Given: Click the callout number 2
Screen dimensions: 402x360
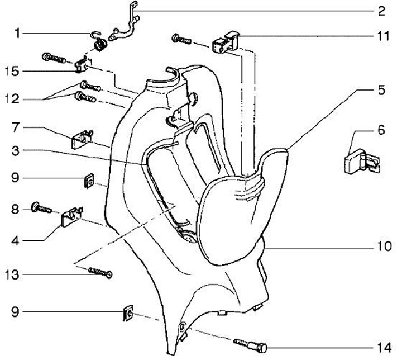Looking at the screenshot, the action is click(x=381, y=11).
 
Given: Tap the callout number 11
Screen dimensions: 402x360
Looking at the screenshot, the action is click(x=383, y=36).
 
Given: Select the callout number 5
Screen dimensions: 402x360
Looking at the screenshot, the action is click(x=381, y=91).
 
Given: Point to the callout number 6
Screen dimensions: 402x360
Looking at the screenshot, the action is click(x=381, y=130).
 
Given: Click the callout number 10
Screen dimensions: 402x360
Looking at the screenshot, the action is click(x=384, y=247).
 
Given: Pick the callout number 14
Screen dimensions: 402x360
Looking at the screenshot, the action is click(x=384, y=348).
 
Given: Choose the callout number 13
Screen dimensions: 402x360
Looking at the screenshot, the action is click(x=12, y=275).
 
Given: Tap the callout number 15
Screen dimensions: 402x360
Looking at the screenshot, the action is click(x=12, y=71).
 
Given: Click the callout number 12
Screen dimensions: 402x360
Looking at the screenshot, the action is click(x=12, y=99).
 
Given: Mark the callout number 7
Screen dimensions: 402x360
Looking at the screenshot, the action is click(x=16, y=127).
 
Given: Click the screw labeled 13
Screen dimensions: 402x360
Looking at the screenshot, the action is click(x=100, y=272).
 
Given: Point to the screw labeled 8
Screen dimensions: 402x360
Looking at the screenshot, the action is click(x=41, y=208).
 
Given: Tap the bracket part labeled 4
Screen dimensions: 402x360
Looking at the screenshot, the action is click(x=71, y=217).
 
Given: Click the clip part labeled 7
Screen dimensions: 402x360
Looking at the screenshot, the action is click(x=82, y=139).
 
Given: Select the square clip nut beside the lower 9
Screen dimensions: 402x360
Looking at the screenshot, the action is click(x=128, y=313).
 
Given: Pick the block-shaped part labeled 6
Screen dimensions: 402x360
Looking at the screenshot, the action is click(x=361, y=161).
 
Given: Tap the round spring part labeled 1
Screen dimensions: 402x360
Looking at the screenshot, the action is click(x=100, y=45).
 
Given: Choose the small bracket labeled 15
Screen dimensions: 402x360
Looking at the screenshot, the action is click(x=84, y=65).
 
